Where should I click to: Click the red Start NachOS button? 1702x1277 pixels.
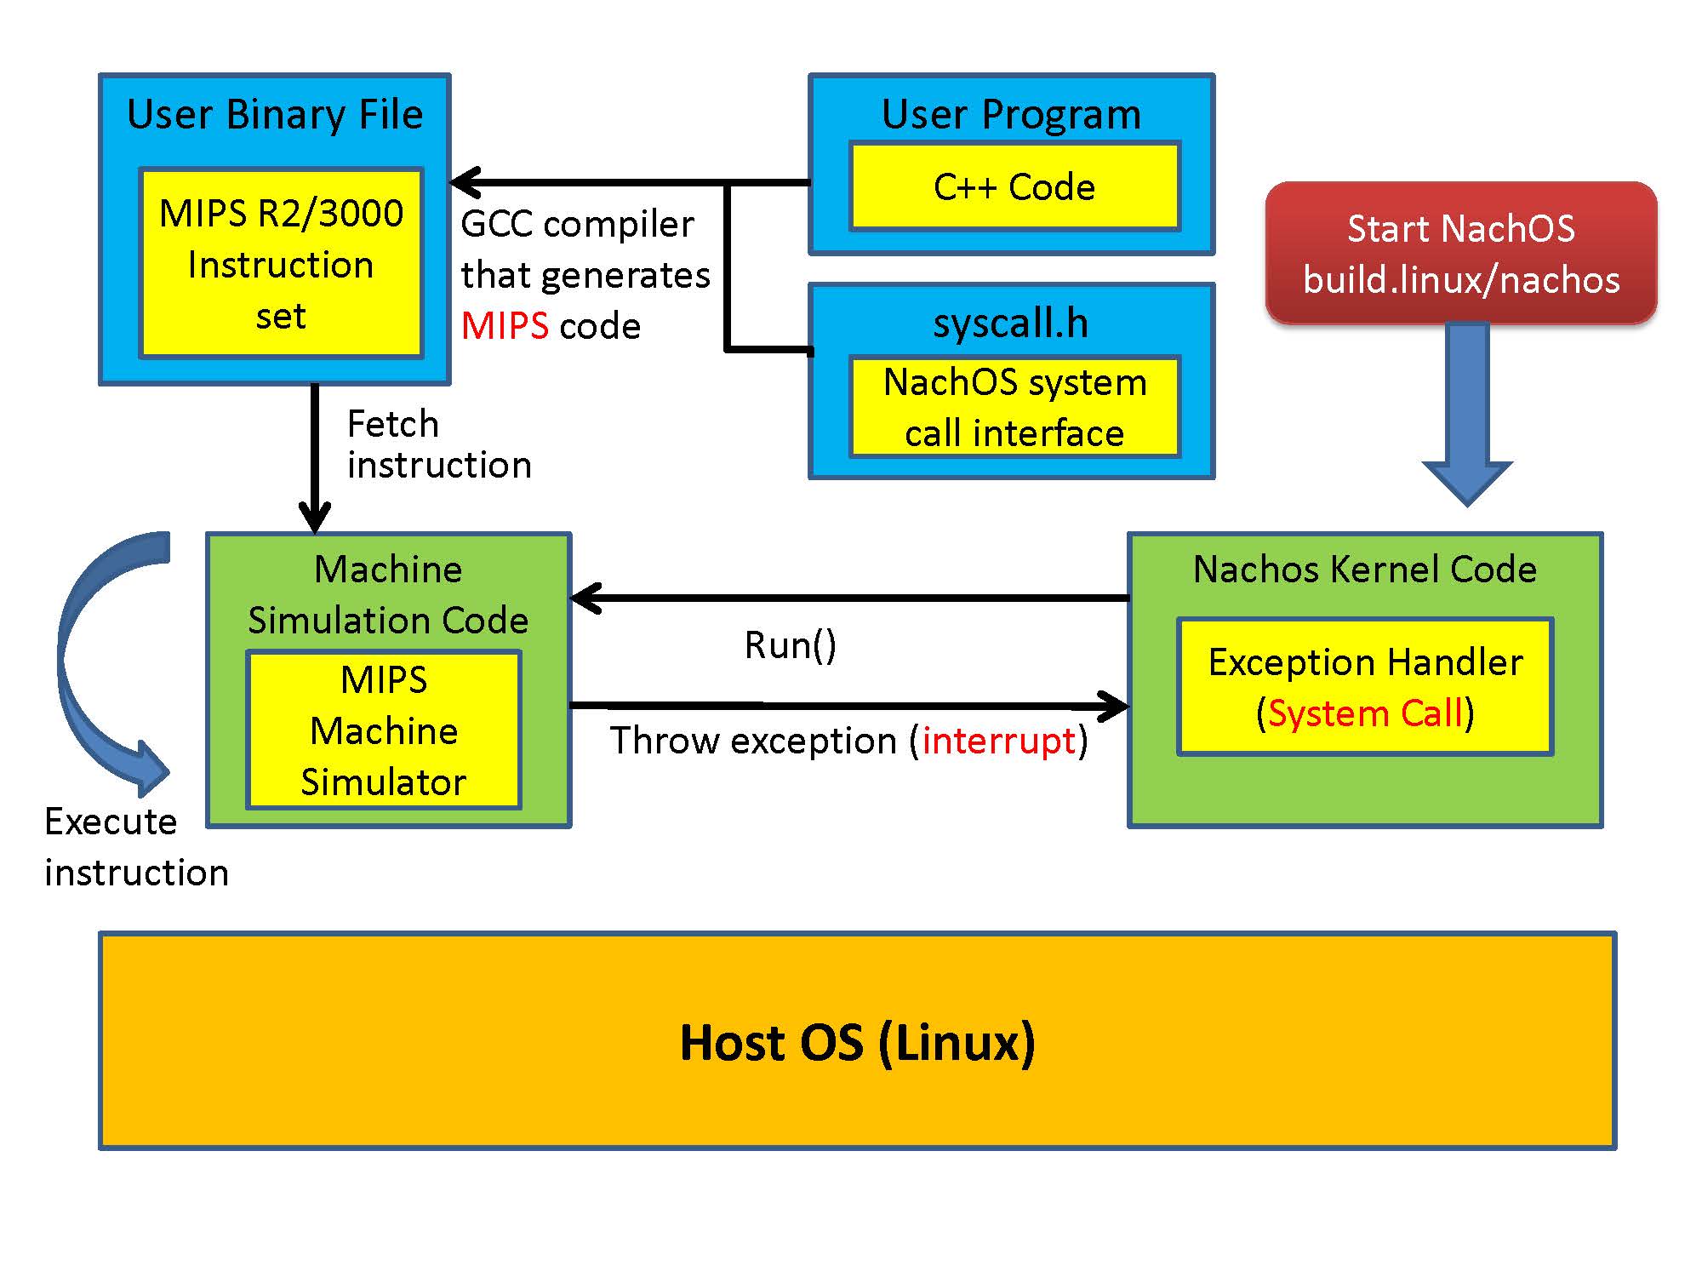[x=1461, y=253]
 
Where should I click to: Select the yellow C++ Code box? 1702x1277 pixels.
[x=1014, y=186]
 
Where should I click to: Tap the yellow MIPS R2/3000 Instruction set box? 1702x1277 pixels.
[x=281, y=263]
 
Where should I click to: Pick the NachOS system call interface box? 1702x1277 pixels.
[x=1014, y=407]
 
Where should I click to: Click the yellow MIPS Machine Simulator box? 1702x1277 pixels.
[x=384, y=730]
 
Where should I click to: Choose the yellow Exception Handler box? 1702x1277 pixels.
[x=1365, y=686]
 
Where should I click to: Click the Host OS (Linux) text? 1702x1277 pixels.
[x=857, y=1042]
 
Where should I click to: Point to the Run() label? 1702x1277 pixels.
[x=791, y=645]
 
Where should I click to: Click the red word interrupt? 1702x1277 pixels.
[x=999, y=741]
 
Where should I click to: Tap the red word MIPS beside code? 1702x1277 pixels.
[x=505, y=326]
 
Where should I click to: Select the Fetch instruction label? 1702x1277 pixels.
[x=438, y=444]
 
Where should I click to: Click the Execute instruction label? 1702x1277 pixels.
[x=136, y=847]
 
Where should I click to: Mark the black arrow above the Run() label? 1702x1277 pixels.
[x=851, y=598]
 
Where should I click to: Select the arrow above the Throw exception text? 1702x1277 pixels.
[x=851, y=705]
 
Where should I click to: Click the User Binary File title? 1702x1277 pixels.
[x=275, y=114]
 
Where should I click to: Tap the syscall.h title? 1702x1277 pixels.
[x=1011, y=324]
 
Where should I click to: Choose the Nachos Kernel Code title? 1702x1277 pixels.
[x=1365, y=569]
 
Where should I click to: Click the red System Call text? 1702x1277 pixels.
[x=1365, y=713]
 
